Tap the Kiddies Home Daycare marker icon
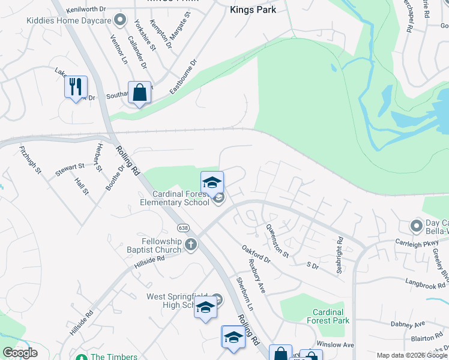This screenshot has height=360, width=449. click(121, 20)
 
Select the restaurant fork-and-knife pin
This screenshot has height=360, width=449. click(76, 87)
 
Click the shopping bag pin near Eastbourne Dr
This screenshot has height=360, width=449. click(139, 93)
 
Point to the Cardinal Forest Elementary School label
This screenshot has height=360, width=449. click(180, 198)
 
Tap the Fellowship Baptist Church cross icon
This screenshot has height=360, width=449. click(191, 244)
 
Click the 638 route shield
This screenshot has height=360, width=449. click(184, 228)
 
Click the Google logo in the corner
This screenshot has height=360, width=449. click(20, 353)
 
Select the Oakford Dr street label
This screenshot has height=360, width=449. click(256, 254)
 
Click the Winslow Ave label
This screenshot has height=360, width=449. click(335, 345)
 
